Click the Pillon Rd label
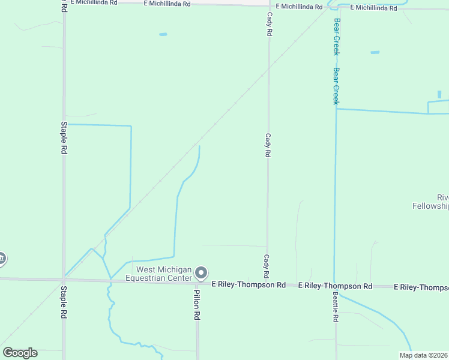(x=196, y=305)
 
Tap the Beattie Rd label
(x=335, y=307)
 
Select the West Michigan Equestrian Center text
(x=159, y=274)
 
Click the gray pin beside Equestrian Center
(x=202, y=274)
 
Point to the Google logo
(x=20, y=353)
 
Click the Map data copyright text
(x=423, y=355)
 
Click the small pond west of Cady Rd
(x=163, y=34)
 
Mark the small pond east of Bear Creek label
(x=375, y=52)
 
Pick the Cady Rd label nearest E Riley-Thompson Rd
(x=266, y=262)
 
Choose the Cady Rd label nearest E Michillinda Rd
(x=270, y=24)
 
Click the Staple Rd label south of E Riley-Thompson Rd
(x=64, y=302)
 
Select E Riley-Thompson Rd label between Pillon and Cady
(x=248, y=284)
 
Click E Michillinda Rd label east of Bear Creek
(x=373, y=8)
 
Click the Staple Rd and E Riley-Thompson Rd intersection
(x=64, y=280)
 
